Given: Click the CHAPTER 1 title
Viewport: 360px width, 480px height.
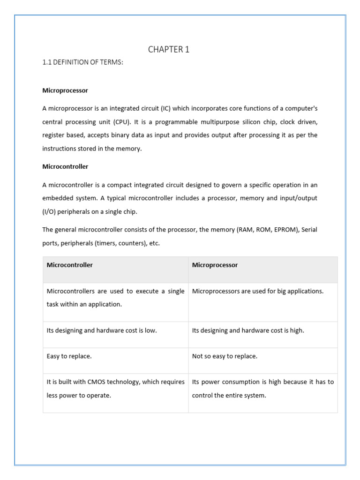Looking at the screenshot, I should point(169,50).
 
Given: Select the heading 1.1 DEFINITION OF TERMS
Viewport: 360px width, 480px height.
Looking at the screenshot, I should point(82,62).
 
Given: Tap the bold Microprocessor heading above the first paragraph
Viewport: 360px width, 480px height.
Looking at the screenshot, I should point(65,90).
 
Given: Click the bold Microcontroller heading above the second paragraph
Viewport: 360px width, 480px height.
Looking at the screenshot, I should point(65,166).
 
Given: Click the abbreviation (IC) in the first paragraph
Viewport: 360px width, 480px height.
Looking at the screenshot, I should point(166,108).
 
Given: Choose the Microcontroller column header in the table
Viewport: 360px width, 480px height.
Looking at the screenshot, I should point(70,265).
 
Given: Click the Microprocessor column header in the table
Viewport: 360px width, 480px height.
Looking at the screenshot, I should point(215,265).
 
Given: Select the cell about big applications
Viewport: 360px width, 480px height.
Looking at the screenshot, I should point(258,291).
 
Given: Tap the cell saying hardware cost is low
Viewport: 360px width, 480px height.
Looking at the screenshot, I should point(102,330).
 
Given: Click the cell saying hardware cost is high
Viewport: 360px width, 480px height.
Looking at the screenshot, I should point(248,330).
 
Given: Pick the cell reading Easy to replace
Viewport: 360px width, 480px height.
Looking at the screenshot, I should point(69,356).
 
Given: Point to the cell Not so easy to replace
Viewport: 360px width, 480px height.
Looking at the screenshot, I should point(225,356).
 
